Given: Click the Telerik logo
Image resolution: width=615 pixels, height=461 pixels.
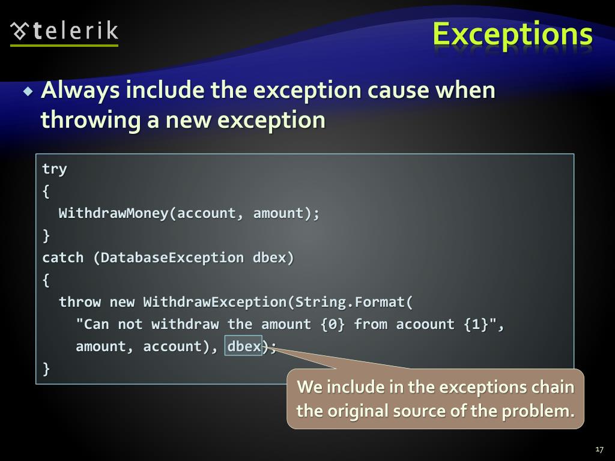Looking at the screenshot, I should (64, 31).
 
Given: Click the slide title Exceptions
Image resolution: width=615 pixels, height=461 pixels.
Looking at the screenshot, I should (512, 34).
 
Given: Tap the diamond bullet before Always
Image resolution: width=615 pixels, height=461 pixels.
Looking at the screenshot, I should (28, 92).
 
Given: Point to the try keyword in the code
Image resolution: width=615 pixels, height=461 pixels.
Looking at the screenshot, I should (54, 169).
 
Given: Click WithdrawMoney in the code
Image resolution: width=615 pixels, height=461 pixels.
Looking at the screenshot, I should (114, 214).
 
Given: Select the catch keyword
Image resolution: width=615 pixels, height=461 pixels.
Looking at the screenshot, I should (62, 258).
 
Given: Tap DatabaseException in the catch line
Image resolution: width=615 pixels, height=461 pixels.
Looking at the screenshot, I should (172, 258).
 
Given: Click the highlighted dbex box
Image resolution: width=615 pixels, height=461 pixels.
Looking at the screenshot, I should (244, 346).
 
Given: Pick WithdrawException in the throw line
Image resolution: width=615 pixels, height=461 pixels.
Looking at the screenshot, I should (214, 302).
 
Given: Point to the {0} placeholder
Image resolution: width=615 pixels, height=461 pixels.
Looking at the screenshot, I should (333, 325).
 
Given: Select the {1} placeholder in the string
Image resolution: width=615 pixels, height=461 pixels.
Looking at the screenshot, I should (476, 325).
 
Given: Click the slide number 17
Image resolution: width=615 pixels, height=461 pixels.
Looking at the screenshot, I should (599, 450).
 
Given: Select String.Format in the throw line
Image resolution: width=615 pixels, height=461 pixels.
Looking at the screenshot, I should (350, 302).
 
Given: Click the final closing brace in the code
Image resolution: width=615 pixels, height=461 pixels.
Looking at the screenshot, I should (46, 368).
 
